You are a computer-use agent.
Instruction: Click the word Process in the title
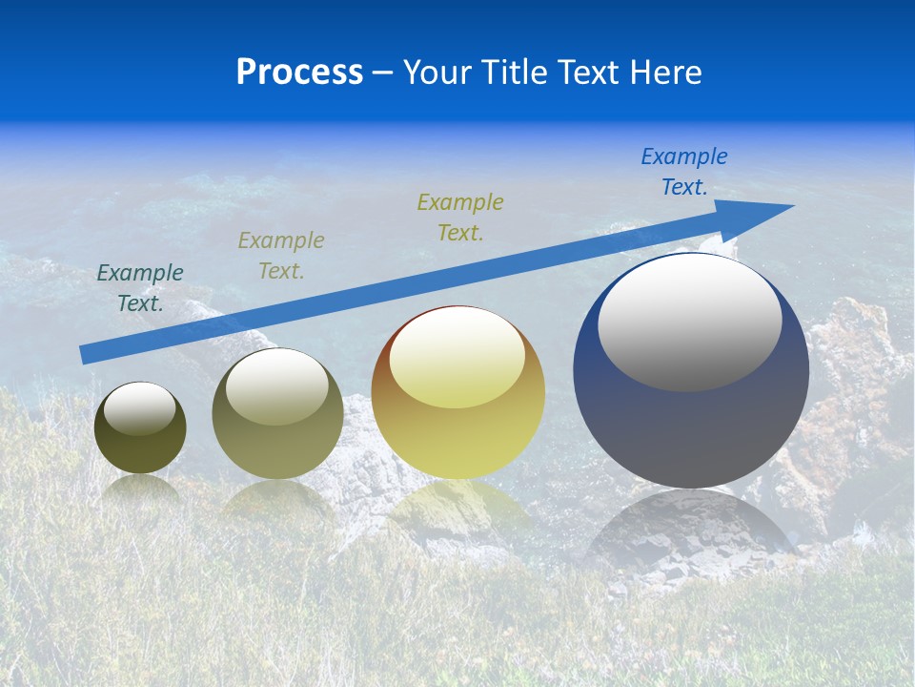click(x=299, y=73)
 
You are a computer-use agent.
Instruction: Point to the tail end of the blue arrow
click(x=84, y=355)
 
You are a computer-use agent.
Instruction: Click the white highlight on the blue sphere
click(x=689, y=322)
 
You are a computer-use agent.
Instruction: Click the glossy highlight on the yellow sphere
click(x=457, y=357)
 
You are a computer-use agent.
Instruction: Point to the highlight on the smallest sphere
click(x=140, y=407)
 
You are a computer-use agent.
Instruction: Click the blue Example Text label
click(x=683, y=172)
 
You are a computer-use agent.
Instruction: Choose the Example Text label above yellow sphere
click(x=460, y=218)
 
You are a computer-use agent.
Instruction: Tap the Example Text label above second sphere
click(x=281, y=256)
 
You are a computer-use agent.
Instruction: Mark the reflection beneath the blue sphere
click(x=691, y=534)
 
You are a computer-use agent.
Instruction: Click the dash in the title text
click(x=383, y=73)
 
